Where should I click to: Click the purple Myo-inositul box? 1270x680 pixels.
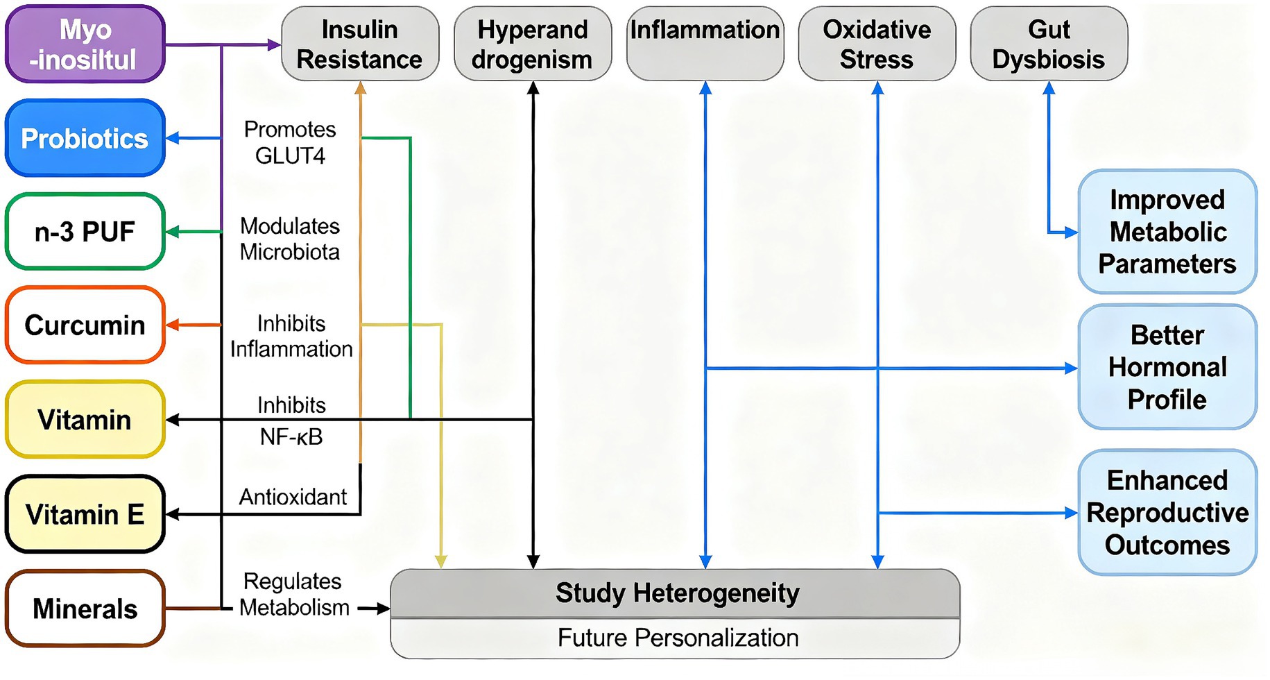click(85, 44)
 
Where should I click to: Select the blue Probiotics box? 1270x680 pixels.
click(85, 138)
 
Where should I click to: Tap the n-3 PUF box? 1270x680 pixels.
click(85, 232)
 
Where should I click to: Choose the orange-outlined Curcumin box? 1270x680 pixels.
click(85, 325)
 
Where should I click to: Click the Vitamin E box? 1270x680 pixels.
click(85, 514)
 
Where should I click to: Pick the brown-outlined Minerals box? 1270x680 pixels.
click(85, 609)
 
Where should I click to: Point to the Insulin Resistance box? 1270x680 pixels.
click(359, 44)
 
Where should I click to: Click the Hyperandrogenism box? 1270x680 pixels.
click(532, 44)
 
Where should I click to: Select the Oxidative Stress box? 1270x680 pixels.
click(877, 44)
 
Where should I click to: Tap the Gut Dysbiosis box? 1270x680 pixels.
click(1049, 44)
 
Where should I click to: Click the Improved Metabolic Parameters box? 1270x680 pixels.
click(1167, 232)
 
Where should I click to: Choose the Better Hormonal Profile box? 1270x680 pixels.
click(1167, 367)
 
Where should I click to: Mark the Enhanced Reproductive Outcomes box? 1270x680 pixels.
click(1167, 513)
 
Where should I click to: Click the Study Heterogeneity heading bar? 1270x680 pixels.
click(676, 593)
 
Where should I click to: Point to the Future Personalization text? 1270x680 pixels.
click(678, 638)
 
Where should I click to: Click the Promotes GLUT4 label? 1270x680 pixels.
click(290, 142)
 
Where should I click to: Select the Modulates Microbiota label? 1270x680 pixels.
click(290, 239)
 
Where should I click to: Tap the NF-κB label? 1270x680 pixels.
click(291, 437)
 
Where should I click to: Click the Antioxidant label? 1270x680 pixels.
click(293, 497)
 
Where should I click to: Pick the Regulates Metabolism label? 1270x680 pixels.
click(294, 594)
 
